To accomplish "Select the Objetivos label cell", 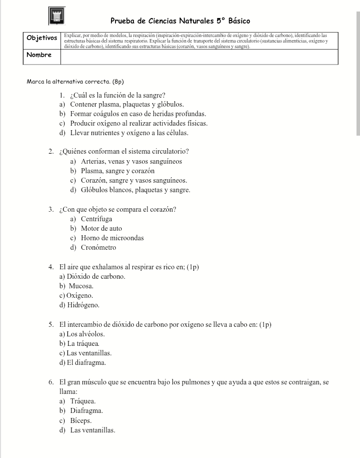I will pos(42,38).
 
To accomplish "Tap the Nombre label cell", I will pos(42,55).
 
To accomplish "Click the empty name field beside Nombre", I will pos(199,56).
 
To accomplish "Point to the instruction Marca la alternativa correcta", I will pos(74,81).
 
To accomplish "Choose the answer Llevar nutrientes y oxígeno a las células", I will pos(129,133).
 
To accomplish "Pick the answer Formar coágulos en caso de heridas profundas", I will pos(138,114).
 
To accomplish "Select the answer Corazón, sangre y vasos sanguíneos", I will pos(134,180).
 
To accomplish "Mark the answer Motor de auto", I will pos(101,228).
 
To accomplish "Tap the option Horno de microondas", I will pos(112,238).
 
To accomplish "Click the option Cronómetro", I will pos(98,247).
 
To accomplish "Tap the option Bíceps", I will pos(80,420).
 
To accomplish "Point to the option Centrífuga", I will pos(96,219).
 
